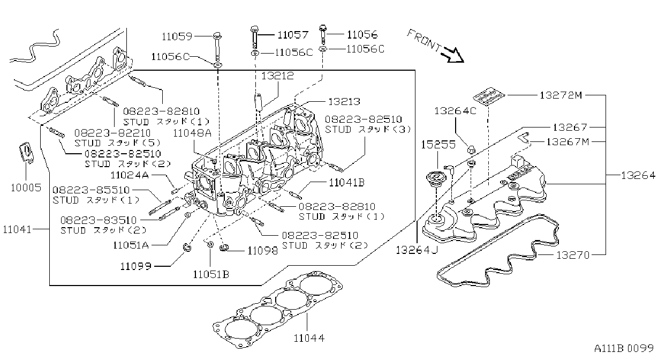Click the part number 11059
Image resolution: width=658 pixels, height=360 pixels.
pyautogui.click(x=177, y=37)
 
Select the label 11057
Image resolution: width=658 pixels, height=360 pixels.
pyautogui.click(x=293, y=35)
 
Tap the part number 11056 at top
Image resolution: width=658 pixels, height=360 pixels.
pyautogui.click(x=362, y=35)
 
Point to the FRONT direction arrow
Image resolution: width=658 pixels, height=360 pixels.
pyautogui.click(x=454, y=55)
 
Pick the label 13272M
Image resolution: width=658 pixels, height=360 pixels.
pyautogui.click(x=561, y=95)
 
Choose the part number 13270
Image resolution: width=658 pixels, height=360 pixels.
pyautogui.click(x=573, y=255)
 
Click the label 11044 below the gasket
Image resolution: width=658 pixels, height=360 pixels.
pyautogui.click(x=309, y=338)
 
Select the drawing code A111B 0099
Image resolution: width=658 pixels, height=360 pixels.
pyautogui.click(x=624, y=349)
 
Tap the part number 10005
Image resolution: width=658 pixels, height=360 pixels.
pyautogui.click(x=26, y=188)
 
